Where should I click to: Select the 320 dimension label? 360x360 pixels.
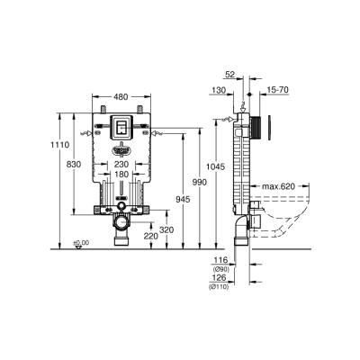pos(166,229)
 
